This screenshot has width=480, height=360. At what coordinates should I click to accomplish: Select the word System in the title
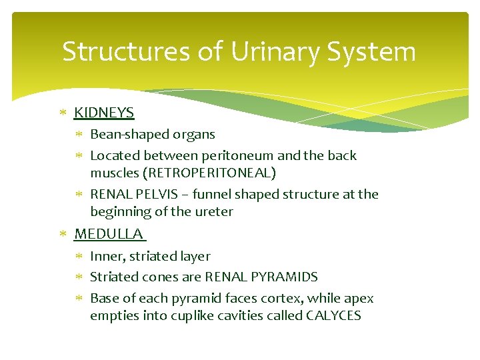pos(375,51)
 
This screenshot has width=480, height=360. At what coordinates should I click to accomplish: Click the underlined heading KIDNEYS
pos(104,113)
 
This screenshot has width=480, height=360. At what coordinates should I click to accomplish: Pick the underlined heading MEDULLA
pos(109,234)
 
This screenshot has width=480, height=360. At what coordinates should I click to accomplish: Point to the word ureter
pos(215,211)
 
